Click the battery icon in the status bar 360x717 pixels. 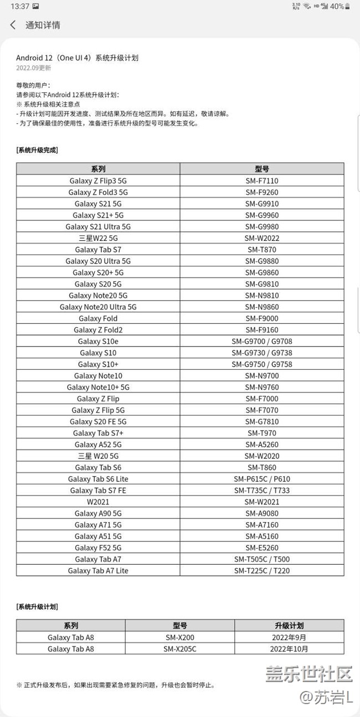pyautogui.click(x=347, y=6)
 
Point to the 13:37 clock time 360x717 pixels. pyautogui.click(x=20, y=6)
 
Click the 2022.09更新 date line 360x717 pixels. pyautogui.click(x=33, y=68)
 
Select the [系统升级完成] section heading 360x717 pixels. pyautogui.click(x=37, y=150)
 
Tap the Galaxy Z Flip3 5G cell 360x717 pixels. pyautogui.click(x=98, y=180)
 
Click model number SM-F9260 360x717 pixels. pyautogui.click(x=261, y=192)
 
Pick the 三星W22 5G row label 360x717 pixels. pyautogui.click(x=98, y=238)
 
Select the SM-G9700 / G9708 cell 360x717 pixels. pyautogui.click(x=261, y=342)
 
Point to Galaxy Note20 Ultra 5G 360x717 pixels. pyautogui.click(x=98, y=307)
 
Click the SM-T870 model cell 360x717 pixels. pyautogui.click(x=261, y=250)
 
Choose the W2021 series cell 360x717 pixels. pyautogui.click(x=98, y=502)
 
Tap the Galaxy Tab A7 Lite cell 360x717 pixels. pyautogui.click(x=98, y=570)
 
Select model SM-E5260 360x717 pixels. pyautogui.click(x=261, y=548)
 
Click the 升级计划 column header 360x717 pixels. pyautogui.click(x=289, y=625)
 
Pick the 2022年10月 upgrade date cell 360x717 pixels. pyautogui.click(x=289, y=648)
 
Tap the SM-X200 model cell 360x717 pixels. pyautogui.click(x=180, y=637)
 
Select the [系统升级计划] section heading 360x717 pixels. pyautogui.click(x=37, y=607)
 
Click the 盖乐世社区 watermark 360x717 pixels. pyautogui.click(x=309, y=674)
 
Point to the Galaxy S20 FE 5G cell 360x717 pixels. pyautogui.click(x=98, y=421)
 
